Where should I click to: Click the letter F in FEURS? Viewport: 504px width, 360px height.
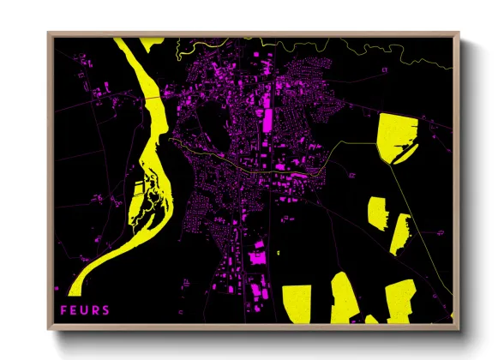63,310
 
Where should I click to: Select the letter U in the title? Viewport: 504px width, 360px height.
84,310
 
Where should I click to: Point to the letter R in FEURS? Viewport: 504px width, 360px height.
95,310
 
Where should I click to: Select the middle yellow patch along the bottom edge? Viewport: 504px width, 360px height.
346,298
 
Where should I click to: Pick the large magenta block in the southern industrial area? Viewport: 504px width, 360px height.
255,255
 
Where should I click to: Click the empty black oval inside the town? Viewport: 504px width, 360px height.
210,119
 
